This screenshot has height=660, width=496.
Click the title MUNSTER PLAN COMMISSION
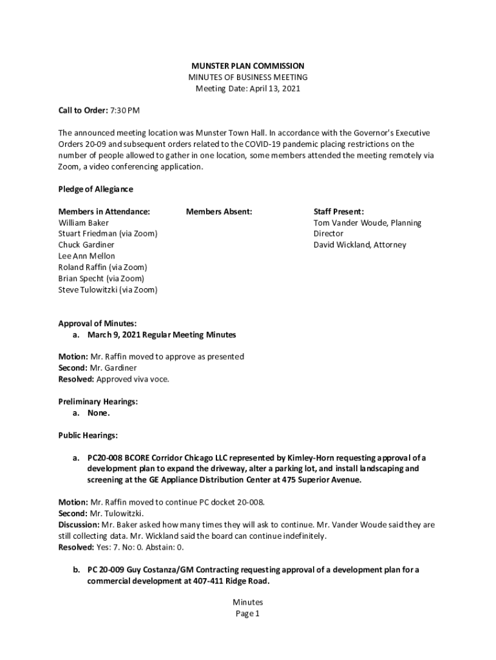(248, 66)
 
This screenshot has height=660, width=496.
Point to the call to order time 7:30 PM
(125, 110)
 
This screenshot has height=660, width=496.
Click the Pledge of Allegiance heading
(95, 189)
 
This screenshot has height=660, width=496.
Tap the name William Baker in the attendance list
(84, 223)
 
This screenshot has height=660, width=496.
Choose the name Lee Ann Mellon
(86, 256)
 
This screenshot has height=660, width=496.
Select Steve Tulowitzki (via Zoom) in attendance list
(108, 289)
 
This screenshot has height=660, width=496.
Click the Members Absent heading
(219, 211)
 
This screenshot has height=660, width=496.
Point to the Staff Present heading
(339, 211)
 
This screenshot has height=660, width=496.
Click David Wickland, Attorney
(360, 245)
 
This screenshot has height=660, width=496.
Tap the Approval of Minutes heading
(97, 324)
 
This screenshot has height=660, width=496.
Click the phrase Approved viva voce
(133, 379)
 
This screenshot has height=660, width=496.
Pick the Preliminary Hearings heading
(98, 402)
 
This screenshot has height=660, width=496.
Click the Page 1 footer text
(247, 614)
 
